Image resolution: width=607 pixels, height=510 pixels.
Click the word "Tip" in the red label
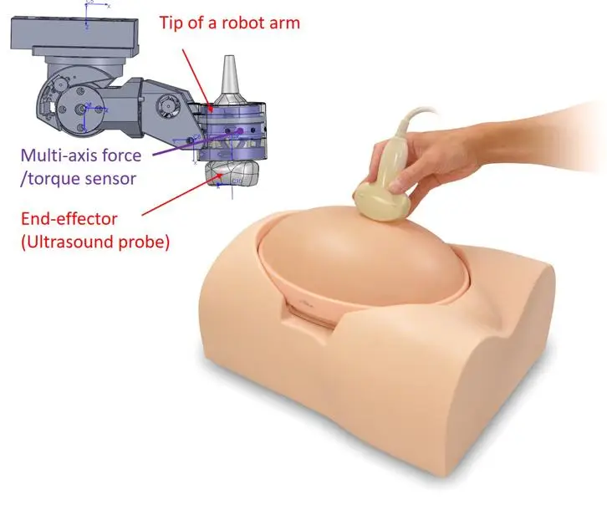(x=171, y=23)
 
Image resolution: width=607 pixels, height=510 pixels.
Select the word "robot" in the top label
(x=242, y=23)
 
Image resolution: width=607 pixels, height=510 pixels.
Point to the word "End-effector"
(x=69, y=219)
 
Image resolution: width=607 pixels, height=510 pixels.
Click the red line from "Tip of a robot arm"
(x=197, y=79)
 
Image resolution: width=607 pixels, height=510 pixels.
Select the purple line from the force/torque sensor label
(x=197, y=143)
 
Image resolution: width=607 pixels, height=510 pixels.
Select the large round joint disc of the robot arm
(x=80, y=109)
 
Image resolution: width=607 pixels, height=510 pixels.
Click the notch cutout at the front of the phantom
(x=309, y=314)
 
